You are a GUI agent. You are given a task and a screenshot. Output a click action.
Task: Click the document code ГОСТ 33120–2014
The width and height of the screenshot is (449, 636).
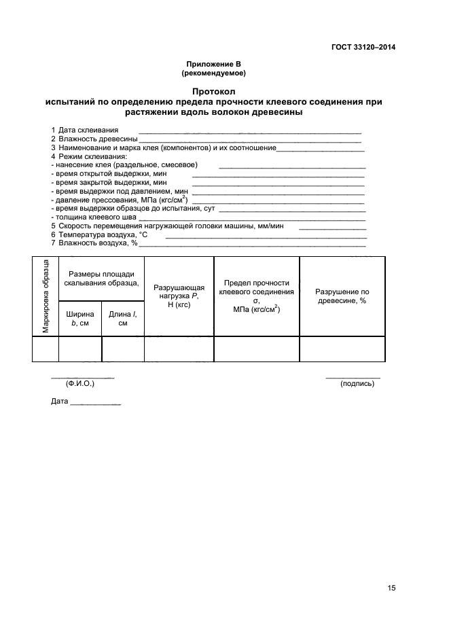[x=363, y=47]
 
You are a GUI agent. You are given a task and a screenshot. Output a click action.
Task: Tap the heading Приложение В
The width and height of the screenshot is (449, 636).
[x=213, y=63]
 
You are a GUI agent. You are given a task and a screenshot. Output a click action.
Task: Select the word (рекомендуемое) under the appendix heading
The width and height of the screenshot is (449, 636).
[x=213, y=72]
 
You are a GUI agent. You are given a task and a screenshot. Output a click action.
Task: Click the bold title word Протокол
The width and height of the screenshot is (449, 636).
[x=213, y=91]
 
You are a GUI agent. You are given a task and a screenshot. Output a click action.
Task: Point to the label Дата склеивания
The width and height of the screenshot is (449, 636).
[x=88, y=130]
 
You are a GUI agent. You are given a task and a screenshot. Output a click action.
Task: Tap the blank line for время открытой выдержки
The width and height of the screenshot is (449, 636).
[x=279, y=175]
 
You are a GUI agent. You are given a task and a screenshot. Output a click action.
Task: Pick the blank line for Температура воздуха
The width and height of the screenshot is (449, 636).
[x=266, y=236]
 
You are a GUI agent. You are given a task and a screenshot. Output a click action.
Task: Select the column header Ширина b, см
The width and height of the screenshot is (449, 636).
[x=80, y=319]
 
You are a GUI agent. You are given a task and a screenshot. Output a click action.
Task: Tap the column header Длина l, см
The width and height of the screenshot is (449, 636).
[x=123, y=319]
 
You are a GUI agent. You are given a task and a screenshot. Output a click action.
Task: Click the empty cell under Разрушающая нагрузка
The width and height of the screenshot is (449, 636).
[x=179, y=349]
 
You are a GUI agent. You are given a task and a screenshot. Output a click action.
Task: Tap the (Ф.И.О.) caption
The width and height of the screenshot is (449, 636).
[x=80, y=384]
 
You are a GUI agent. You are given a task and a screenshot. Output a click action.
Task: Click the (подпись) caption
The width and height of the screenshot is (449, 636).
[x=357, y=384]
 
